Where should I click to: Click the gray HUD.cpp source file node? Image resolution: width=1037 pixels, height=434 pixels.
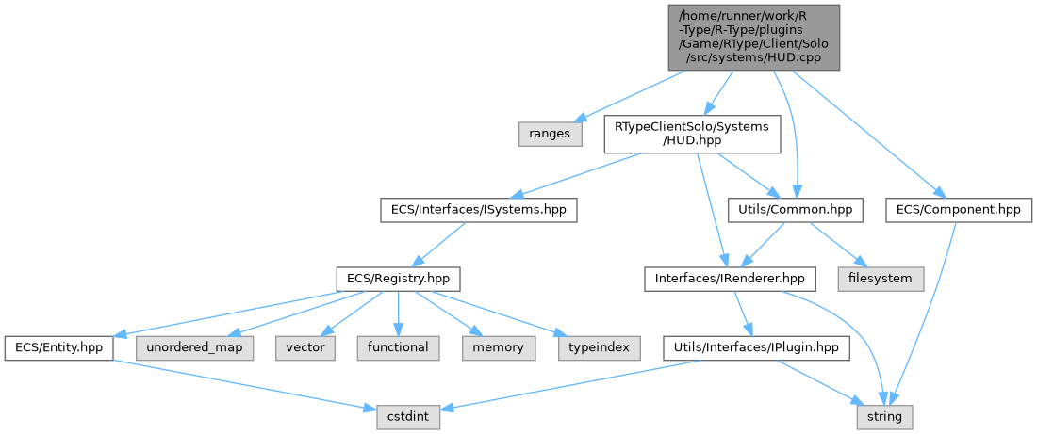click(x=751, y=37)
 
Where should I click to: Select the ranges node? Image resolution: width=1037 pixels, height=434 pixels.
click(x=549, y=134)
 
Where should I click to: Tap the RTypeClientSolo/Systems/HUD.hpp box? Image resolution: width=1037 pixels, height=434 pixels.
click(x=692, y=134)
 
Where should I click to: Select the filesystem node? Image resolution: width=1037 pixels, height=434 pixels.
click(x=881, y=279)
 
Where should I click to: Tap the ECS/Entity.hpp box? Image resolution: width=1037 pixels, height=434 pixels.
click(x=58, y=347)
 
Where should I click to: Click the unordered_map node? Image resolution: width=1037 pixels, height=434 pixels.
click(x=195, y=347)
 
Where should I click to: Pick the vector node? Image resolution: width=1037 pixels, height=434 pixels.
click(x=305, y=347)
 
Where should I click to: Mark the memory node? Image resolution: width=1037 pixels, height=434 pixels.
click(x=499, y=347)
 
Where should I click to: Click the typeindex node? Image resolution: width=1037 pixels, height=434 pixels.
click(x=598, y=347)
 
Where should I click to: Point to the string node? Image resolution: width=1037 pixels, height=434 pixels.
click(x=884, y=415)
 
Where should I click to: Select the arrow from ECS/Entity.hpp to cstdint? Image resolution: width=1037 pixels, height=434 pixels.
click(x=236, y=381)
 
